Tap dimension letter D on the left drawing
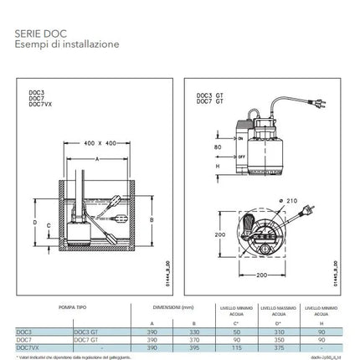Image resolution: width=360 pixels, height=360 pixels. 34,224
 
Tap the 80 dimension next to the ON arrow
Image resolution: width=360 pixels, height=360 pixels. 216,147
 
